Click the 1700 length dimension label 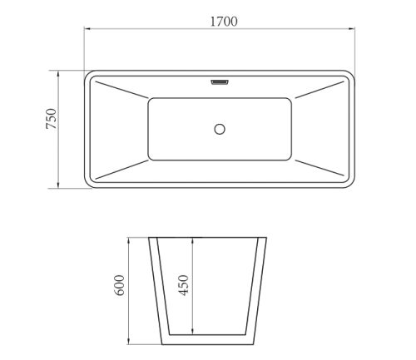pyautogui.click(x=224, y=22)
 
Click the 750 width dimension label pyautogui.click(x=51, y=119)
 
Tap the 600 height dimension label pyautogui.click(x=120, y=285)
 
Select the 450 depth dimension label pyautogui.click(x=183, y=285)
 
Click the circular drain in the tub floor pyautogui.click(x=220, y=129)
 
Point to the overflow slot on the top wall pyautogui.click(x=220, y=82)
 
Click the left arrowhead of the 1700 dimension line pyautogui.click(x=87, y=28)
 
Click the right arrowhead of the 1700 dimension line pyautogui.click(x=351, y=28)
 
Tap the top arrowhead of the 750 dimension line pyautogui.click(x=58, y=74)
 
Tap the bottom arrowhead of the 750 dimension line pyautogui.click(x=58, y=185)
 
